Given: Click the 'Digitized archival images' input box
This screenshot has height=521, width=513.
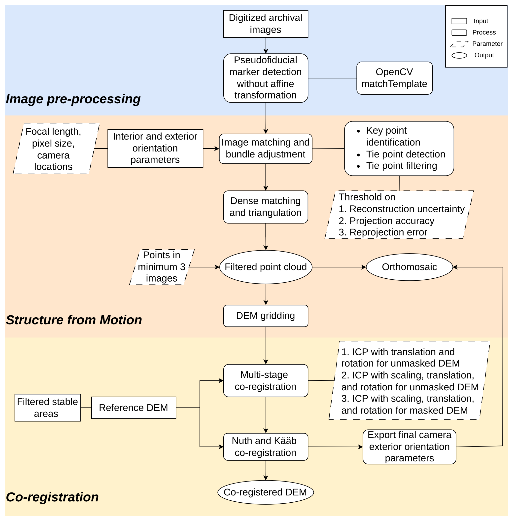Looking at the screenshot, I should [x=266, y=24].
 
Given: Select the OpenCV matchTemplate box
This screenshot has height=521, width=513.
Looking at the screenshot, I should [x=394, y=78].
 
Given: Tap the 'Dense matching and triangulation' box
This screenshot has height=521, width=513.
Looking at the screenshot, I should [x=265, y=207].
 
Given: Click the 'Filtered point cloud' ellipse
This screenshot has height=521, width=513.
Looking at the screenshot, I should [x=266, y=267].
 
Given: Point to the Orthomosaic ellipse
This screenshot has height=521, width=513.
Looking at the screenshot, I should [x=409, y=267].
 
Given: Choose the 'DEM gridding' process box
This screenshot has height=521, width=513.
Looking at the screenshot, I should [x=265, y=316].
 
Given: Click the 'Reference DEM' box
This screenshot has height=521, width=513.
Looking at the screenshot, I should [x=133, y=408].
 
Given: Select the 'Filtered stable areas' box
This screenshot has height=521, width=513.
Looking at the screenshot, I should [x=47, y=408].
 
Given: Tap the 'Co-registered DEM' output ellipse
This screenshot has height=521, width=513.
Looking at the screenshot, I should [x=265, y=492].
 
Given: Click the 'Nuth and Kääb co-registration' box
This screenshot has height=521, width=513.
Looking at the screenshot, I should [x=265, y=447].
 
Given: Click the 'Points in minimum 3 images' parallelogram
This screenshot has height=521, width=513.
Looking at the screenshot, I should [x=162, y=267].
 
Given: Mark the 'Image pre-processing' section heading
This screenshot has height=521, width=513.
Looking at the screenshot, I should [x=73, y=99].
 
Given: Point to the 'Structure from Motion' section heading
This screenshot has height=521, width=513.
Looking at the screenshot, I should [x=74, y=320].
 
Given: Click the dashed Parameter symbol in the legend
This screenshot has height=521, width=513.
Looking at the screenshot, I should [x=459, y=44].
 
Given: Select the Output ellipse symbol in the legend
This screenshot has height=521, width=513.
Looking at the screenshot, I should [x=459, y=55].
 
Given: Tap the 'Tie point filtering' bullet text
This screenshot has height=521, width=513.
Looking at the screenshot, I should [x=402, y=165].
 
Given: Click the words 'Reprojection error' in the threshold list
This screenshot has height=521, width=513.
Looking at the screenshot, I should [x=388, y=232].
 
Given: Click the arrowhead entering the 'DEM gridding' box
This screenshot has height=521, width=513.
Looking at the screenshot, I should [x=266, y=303].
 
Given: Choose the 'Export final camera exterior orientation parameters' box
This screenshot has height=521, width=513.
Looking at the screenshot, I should [x=409, y=447].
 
